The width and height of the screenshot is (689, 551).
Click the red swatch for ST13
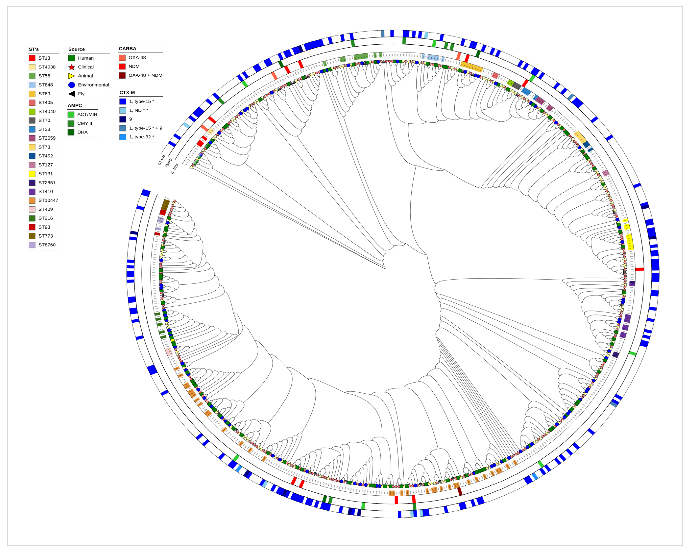(x=32, y=58)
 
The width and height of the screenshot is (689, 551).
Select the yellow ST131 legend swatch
(x=32, y=174)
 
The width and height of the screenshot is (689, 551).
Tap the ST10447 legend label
(x=48, y=200)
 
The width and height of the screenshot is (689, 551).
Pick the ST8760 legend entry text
(x=47, y=245)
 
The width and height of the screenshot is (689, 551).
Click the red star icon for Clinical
(x=72, y=67)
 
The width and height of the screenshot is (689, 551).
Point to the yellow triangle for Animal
(x=71, y=76)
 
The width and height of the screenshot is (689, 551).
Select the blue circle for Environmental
(x=72, y=85)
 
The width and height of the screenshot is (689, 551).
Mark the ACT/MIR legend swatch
(x=71, y=114)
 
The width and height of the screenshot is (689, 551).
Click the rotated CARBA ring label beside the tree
(x=175, y=168)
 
